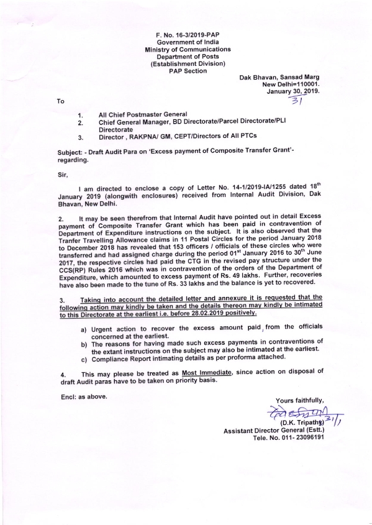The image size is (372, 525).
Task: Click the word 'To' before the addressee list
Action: point(60,100)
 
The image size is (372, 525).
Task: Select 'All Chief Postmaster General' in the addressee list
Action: point(140,116)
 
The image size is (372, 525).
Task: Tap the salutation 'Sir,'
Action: point(61,175)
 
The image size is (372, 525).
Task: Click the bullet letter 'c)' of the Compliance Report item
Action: point(83,359)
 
